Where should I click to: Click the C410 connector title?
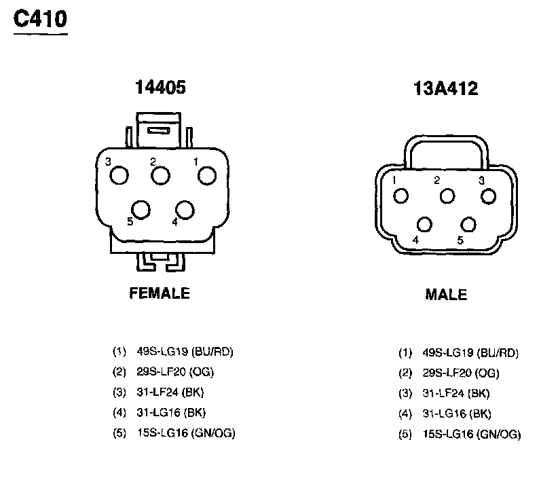click(40, 19)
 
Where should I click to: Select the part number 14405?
click(160, 87)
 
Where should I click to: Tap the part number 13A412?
click(445, 88)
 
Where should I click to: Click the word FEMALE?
click(160, 293)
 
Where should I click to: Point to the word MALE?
click(446, 295)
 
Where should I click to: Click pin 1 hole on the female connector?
click(207, 175)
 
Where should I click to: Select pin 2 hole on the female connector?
click(160, 175)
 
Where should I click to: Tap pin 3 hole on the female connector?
click(119, 175)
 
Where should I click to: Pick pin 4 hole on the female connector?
click(185, 210)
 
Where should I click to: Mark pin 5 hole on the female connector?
click(141, 210)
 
